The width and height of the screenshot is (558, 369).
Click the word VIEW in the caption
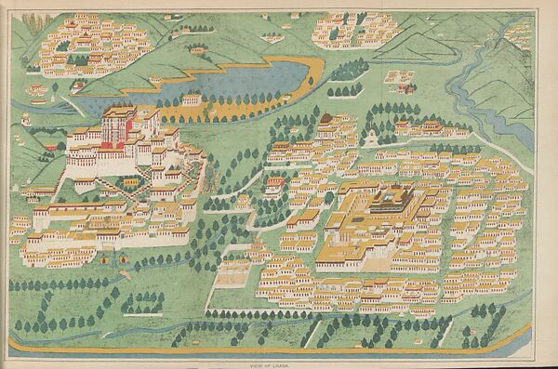click(x=270, y=364)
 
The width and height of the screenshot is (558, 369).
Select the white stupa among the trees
click(x=371, y=138)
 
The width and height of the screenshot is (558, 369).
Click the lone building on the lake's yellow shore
click(x=193, y=99)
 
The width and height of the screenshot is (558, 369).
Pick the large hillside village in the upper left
click(x=93, y=42)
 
